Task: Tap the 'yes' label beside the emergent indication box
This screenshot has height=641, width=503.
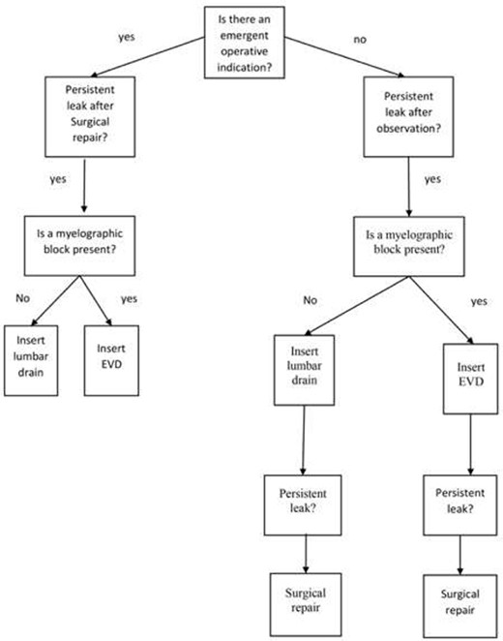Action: pyautogui.click(x=127, y=40)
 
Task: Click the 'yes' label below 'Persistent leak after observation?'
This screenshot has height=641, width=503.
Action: pyautogui.click(x=432, y=179)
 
